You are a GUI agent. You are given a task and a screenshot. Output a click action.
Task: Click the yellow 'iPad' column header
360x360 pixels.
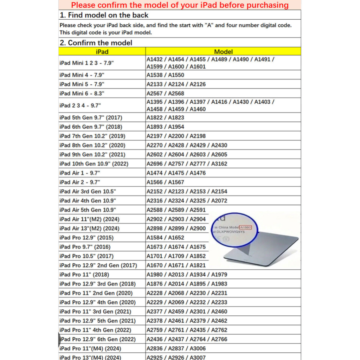click(102, 52)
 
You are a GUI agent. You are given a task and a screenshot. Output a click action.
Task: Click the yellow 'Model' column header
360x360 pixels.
click(223, 52)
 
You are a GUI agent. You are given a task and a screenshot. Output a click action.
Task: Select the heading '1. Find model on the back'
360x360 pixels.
click(104, 15)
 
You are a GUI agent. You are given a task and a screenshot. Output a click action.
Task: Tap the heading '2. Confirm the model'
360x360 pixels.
click(96, 43)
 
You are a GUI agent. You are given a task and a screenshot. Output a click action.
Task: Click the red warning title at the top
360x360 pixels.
click(180, 5)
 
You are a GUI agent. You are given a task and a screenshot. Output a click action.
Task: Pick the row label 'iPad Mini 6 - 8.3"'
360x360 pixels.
click(82, 94)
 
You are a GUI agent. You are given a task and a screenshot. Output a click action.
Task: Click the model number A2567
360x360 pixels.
click(155, 94)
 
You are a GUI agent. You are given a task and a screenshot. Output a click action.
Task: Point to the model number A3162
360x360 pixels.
click(219, 164)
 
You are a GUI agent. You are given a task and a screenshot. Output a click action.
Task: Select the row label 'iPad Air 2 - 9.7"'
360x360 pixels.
click(80, 182)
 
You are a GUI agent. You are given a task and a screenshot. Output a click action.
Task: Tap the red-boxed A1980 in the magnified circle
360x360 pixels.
click(245, 227)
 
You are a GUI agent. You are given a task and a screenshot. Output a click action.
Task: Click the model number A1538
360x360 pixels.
click(155, 75)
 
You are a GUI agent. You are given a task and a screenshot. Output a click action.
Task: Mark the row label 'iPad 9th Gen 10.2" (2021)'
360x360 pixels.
click(92, 154)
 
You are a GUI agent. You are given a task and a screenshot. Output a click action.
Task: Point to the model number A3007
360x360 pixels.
click(198, 358)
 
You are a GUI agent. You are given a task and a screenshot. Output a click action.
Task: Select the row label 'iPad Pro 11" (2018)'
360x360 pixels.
click(84, 275)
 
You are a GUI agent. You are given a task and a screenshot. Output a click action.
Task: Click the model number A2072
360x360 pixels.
click(219, 201)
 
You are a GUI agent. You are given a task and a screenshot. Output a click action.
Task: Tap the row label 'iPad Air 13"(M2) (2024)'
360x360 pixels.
click(90, 229)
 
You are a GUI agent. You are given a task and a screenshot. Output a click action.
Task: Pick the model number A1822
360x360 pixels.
click(155, 117)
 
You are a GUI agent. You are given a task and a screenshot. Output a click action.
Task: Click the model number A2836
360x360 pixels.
click(155, 348)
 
